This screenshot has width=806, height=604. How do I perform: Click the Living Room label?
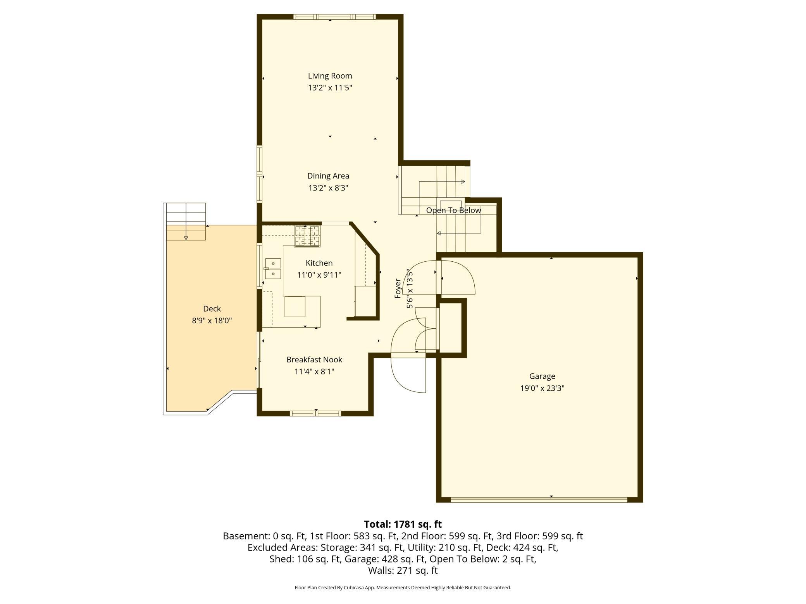tap(330, 76)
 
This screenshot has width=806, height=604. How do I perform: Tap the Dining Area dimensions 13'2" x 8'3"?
tap(328, 188)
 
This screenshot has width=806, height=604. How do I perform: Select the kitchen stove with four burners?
tap(307, 236)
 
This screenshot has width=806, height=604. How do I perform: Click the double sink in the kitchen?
tap(273, 269)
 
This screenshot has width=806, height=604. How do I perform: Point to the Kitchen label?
tap(319, 263)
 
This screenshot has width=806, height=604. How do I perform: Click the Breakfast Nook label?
tap(314, 360)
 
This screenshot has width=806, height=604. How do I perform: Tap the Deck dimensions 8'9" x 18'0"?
tap(212, 321)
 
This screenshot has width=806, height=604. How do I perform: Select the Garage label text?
tap(542, 376)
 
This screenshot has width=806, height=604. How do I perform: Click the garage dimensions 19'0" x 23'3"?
tap(542, 388)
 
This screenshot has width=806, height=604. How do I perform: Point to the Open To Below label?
tap(453, 210)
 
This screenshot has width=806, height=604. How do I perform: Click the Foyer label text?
tap(398, 288)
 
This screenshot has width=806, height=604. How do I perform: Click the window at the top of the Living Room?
tap(334, 17)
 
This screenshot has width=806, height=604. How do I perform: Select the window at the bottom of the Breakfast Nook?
tap(315, 414)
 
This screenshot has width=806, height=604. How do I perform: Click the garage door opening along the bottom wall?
tap(539, 500)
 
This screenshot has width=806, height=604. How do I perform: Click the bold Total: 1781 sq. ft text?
tap(403, 524)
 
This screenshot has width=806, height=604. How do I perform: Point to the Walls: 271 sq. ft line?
tap(403, 570)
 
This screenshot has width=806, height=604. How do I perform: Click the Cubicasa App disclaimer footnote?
tap(403, 588)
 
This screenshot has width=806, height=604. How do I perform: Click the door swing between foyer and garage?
tap(457, 277)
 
